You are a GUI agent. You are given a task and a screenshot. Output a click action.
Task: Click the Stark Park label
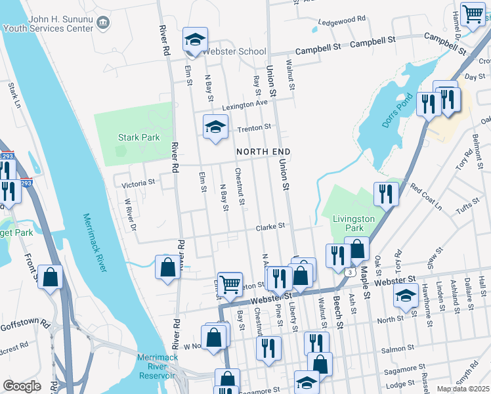(139, 138)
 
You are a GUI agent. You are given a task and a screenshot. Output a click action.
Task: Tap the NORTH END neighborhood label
(263, 152)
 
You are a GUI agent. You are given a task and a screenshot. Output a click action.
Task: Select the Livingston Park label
(353, 223)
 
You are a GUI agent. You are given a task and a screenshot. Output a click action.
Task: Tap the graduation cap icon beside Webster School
(195, 40)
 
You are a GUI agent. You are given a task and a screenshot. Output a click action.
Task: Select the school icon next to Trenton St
(215, 127)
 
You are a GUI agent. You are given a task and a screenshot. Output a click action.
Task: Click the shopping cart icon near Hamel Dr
(473, 14)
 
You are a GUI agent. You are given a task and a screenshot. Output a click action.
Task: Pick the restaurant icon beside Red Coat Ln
(385, 193)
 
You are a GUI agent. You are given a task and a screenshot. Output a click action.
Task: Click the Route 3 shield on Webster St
(352, 271)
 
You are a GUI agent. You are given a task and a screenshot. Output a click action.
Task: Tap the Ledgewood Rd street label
(341, 20)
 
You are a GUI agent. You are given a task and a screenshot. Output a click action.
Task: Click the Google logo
(22, 385)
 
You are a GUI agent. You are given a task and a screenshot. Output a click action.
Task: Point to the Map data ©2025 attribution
(463, 389)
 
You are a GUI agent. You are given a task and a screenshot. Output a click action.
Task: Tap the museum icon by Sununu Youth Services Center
(103, 24)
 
